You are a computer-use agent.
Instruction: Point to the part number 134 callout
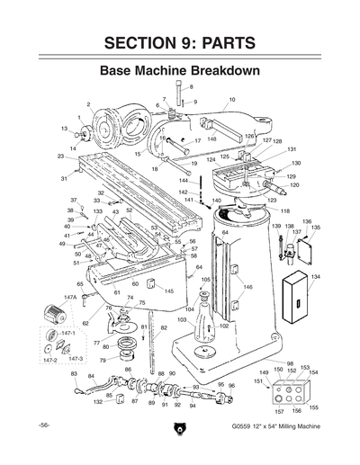[315, 278]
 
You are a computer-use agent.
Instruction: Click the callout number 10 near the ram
[231, 100]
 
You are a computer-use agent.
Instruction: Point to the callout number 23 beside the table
[59, 156]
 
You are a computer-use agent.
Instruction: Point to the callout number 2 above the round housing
[88, 105]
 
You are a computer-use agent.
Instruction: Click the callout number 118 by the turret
[285, 210]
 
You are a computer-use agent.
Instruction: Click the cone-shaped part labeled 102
[204, 321]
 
